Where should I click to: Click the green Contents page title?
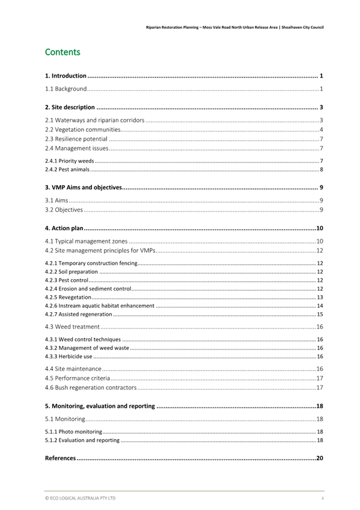pyautogui.click(x=63, y=52)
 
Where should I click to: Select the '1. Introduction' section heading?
pyautogui.click(x=67, y=76)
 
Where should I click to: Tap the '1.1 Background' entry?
pyautogui.click(x=66, y=89)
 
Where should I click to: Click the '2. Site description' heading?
pyautogui.click(x=70, y=108)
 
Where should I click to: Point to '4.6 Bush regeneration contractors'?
pyautogui.click(x=91, y=388)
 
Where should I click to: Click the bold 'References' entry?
pyautogui.click(x=61, y=458)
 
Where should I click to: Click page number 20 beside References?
pyautogui.click(x=320, y=458)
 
